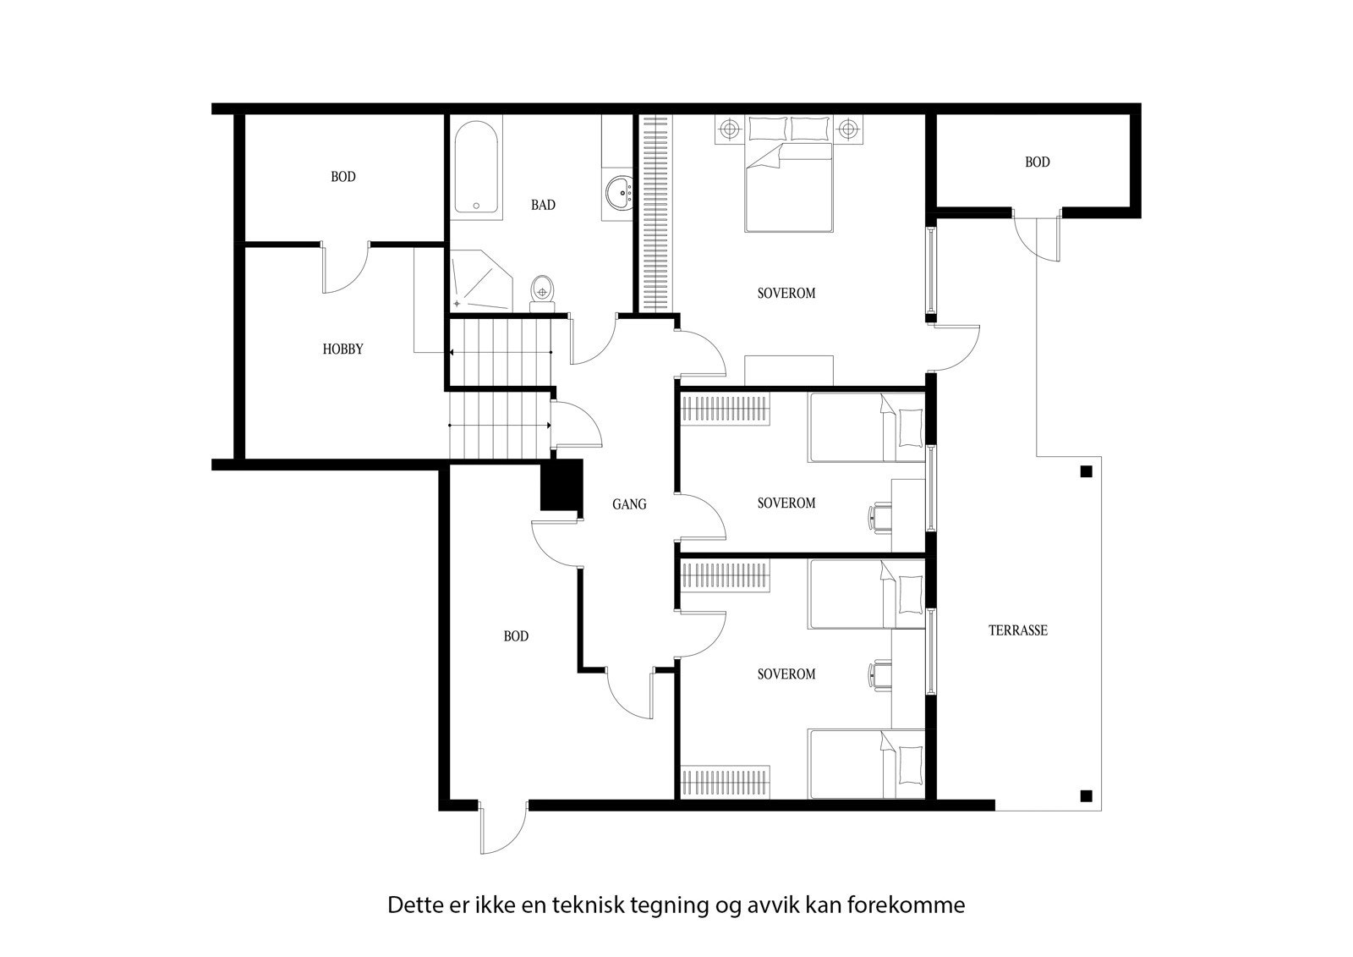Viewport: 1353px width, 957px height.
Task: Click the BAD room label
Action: click(x=543, y=205)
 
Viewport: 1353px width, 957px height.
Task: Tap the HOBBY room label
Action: click(x=342, y=349)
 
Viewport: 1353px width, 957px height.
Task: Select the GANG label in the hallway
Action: click(x=629, y=504)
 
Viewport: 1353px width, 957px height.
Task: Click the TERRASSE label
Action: click(x=1018, y=630)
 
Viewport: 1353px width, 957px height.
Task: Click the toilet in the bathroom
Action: click(x=541, y=289)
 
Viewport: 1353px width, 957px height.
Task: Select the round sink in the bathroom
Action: click(x=622, y=192)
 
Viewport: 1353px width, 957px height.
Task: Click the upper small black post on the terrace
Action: click(x=1087, y=471)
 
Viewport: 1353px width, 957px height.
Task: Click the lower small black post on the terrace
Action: click(x=1087, y=795)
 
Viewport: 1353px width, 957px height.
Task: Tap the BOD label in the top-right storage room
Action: click(x=1037, y=162)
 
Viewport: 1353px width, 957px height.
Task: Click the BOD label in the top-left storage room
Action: click(x=342, y=177)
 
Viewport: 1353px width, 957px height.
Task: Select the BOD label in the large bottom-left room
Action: click(x=516, y=636)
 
